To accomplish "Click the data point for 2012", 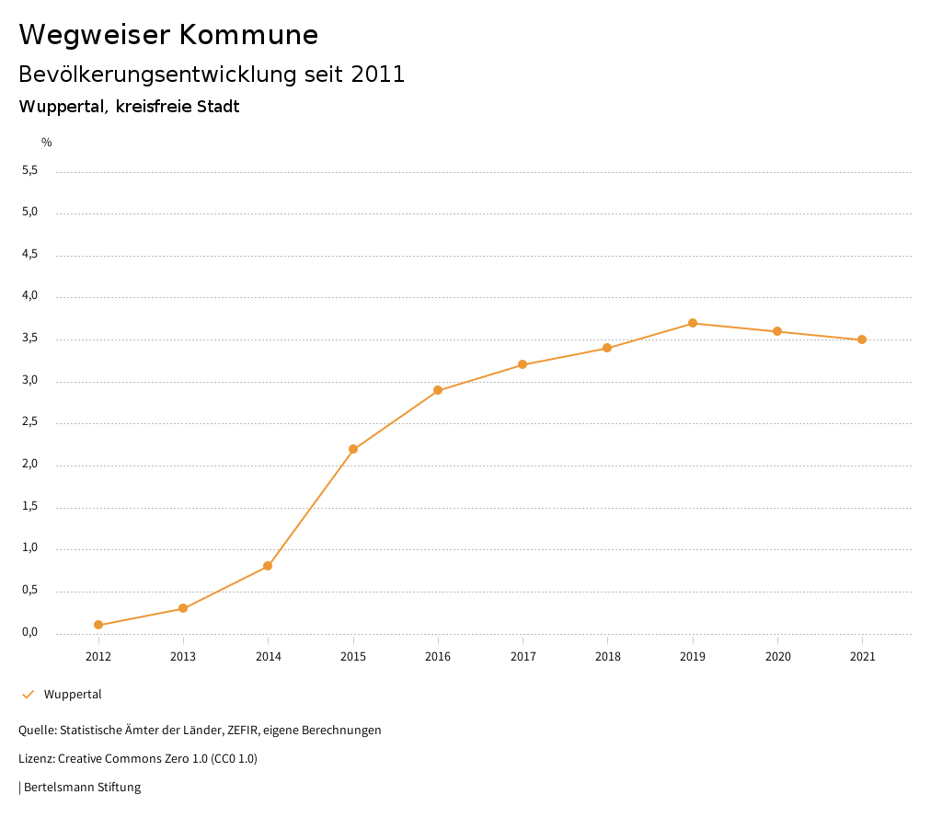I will (x=98, y=625).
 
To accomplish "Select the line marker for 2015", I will (x=353, y=449).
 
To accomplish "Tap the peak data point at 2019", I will (x=693, y=323).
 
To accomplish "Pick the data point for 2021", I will (x=862, y=339).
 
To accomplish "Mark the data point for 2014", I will (x=268, y=566).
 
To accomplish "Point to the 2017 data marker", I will (x=523, y=364).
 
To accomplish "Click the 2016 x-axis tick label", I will (x=438, y=657).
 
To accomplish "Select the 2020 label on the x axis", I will (x=777, y=657).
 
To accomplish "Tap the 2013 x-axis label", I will (x=183, y=657).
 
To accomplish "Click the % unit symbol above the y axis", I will (x=47, y=143).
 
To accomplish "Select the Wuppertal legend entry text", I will (x=73, y=695).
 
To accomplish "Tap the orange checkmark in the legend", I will (x=28, y=695).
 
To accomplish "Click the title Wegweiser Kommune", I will (x=168, y=35).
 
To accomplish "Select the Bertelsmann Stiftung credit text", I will (x=82, y=788).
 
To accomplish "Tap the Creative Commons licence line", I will (x=138, y=759).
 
